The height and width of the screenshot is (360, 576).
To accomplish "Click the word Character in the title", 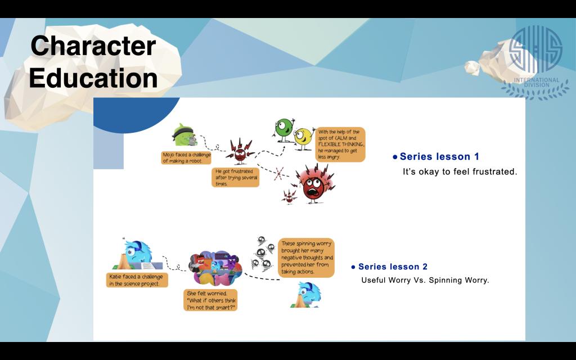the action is [93, 46].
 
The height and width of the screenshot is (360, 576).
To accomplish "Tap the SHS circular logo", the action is [536, 49].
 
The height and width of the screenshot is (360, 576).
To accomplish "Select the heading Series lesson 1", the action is [439, 156].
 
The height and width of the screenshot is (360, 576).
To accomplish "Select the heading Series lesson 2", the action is [393, 267].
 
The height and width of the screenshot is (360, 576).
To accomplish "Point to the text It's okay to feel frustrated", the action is [460, 172].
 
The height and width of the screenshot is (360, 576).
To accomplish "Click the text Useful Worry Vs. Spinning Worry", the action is [425, 280].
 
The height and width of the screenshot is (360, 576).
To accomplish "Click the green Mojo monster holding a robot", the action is [184, 135].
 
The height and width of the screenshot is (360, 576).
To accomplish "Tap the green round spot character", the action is [284, 129].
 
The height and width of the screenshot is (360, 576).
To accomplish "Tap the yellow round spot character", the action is [303, 138].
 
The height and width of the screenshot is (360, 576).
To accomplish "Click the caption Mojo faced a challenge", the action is [186, 157].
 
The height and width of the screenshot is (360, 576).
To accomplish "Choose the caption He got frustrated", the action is [236, 177].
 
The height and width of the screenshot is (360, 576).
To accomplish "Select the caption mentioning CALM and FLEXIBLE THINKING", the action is [340, 145].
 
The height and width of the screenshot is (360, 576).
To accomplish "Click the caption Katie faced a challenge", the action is [137, 280].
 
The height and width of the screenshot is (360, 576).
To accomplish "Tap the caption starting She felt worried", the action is [210, 300].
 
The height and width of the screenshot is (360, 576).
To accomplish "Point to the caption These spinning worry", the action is [307, 258].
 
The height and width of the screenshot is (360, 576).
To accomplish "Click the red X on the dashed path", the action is [279, 173].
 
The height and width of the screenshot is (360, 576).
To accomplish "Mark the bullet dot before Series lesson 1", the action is [395, 157].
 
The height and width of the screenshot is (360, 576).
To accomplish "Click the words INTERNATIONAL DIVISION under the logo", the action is [537, 82].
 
